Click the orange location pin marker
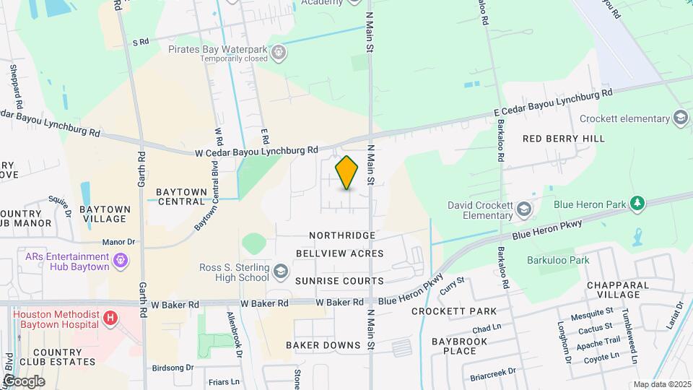pos(347,173)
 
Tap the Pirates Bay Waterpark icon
pos(279,53)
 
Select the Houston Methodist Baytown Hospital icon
pos(110,317)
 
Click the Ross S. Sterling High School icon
pos(280,273)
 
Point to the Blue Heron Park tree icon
pos(637,204)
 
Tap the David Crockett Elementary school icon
pos(524,210)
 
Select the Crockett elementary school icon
pos(680,118)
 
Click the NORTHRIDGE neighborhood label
pos(342,235)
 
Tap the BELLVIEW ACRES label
pos(339,254)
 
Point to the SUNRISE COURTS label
pos(339,280)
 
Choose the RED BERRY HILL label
pos(563,138)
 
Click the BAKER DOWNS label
pos(323,345)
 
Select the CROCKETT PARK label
pos(454,311)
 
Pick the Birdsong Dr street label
pos(173,368)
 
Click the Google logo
pos(23,381)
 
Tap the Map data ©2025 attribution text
pos(661,384)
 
